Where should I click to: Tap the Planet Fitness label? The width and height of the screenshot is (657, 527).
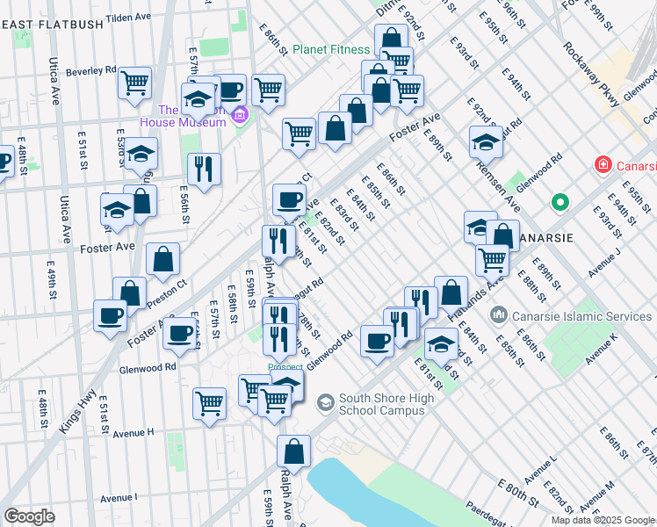pyautogui.click(x=330, y=49)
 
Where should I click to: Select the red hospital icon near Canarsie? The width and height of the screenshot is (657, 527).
pyautogui.click(x=603, y=164)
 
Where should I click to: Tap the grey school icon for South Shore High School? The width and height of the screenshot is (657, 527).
pyautogui.click(x=325, y=403)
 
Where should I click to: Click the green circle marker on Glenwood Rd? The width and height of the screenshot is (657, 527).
pyautogui.click(x=560, y=204)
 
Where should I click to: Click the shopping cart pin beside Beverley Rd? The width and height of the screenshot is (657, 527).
pyautogui.click(x=134, y=83)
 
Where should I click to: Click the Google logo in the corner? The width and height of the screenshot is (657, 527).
pyautogui.click(x=29, y=516)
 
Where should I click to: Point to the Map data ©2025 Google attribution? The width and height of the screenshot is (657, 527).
pyautogui.click(x=603, y=520)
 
